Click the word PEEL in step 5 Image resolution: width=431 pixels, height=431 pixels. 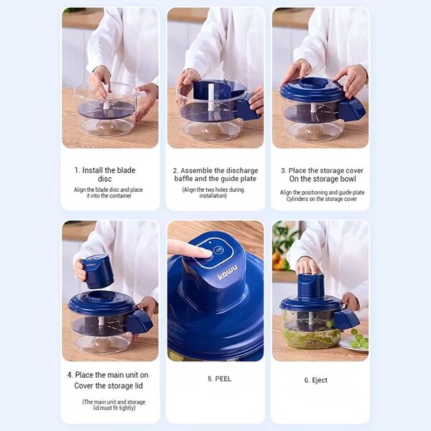223,379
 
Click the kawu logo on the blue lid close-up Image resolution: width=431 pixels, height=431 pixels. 228,272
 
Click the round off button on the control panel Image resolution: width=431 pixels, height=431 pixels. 218,250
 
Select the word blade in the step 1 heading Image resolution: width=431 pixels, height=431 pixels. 126,170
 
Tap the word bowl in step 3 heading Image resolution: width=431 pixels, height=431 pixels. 348,179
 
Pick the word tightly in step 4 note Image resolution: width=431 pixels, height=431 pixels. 127,408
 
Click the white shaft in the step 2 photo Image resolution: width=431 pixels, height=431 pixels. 211,98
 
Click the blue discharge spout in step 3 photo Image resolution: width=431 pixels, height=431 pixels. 353,109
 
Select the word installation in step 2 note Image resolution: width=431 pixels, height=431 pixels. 213,195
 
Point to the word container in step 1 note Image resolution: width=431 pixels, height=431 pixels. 120,195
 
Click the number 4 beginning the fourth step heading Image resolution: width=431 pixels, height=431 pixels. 70,375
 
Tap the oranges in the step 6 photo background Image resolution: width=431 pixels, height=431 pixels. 279,261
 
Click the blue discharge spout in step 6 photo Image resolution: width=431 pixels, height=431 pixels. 346,320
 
